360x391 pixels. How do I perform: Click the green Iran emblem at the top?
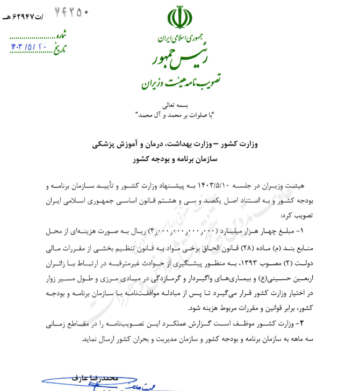click(x=179, y=18)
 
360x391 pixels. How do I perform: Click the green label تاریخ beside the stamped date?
click(x=63, y=48)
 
